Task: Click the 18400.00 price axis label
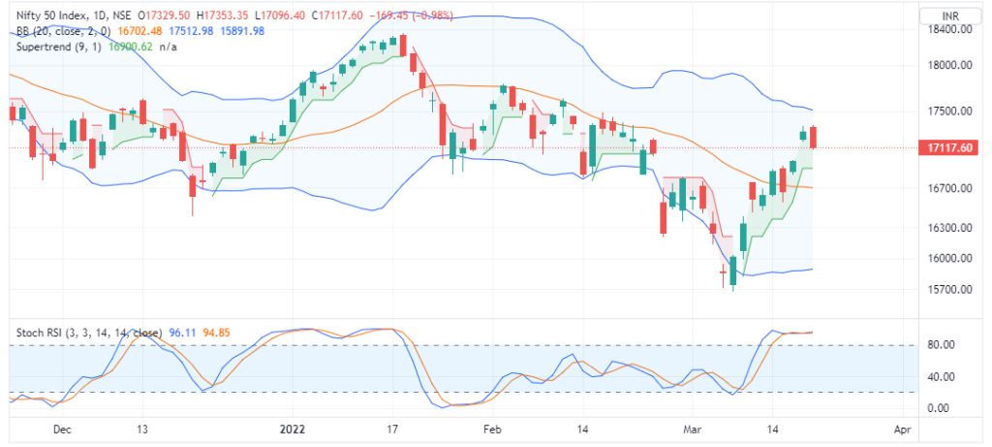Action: [x=950, y=30]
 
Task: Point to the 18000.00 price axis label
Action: [x=950, y=66]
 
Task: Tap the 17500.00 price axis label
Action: [x=950, y=112]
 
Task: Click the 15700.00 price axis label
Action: [x=950, y=290]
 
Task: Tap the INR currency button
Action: [x=950, y=15]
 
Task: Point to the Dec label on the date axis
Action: [x=62, y=428]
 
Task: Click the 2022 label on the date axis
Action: [x=293, y=428]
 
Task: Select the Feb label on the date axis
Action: [x=491, y=428]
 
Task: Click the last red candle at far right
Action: [x=815, y=138]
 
